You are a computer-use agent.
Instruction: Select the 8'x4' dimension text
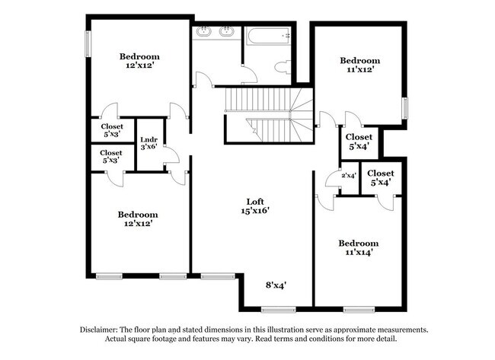click(x=275, y=285)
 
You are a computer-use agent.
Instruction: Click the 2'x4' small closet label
click(x=348, y=176)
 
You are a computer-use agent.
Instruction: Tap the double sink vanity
click(x=215, y=33)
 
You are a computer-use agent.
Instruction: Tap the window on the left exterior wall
click(x=88, y=44)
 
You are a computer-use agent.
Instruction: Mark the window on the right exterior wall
click(x=405, y=108)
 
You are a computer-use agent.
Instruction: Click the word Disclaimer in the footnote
click(x=105, y=330)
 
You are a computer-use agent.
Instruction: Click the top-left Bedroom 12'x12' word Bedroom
click(x=139, y=56)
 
